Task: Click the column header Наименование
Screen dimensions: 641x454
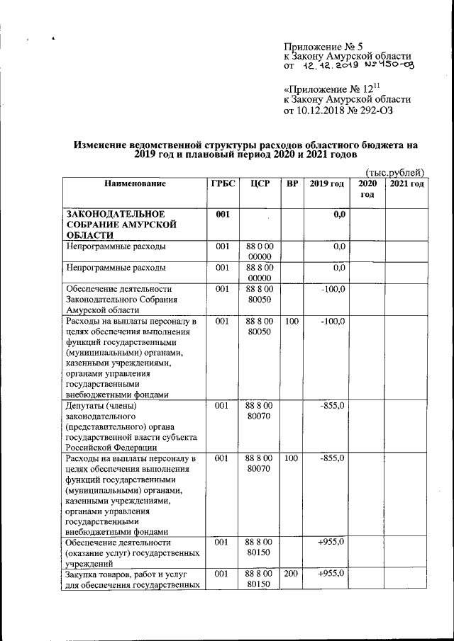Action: pos(135,184)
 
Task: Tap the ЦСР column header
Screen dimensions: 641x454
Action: pos(259,184)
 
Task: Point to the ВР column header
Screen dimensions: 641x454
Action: pos(292,184)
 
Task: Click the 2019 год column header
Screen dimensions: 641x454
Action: pos(326,184)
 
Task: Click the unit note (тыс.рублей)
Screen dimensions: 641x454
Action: pos(394,172)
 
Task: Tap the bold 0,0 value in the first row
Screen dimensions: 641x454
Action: pos(338,213)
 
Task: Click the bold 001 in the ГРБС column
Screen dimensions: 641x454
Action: pos(221,213)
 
